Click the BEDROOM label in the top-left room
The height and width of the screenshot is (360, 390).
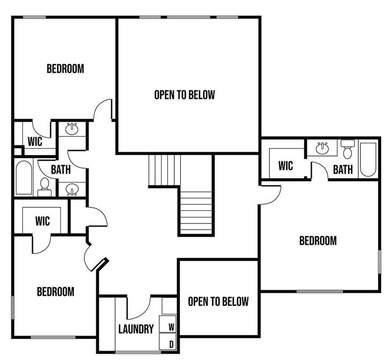coord(65,68)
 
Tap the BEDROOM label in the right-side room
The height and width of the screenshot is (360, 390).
coord(317,240)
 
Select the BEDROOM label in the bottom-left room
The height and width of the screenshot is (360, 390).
coord(56,291)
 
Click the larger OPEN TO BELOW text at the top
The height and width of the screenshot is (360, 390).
coord(184,96)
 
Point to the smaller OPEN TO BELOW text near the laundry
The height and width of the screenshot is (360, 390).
coord(218,301)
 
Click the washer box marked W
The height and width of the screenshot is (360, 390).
coord(171,326)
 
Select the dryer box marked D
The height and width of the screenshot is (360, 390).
coord(171,343)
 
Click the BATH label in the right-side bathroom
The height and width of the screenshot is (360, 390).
coord(342,170)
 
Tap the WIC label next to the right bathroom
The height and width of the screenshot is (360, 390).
coord(285,166)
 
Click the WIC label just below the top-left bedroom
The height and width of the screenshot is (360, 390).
coord(32,141)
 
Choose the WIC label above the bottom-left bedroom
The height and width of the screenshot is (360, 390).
coord(42,220)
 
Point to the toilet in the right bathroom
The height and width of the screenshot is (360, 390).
coord(346,152)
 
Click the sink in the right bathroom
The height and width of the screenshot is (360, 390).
coord(321,149)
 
